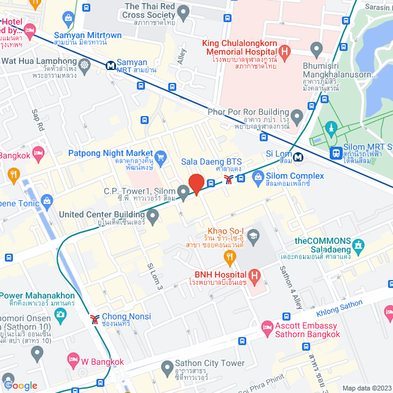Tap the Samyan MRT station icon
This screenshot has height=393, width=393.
pos(111,63)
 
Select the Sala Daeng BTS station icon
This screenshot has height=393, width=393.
pos(228,179)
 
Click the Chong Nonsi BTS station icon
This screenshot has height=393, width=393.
pos(95,319)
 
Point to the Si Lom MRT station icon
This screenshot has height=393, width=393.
pos(297,157)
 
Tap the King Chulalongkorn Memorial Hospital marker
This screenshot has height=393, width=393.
pos(284,52)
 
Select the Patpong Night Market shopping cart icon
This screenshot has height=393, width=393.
pos(161,157)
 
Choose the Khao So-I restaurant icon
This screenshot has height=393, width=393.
pos(230,256)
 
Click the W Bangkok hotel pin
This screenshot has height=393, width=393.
pos(73,358)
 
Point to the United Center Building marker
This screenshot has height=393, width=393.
pos(152,216)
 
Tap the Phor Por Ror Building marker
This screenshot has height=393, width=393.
pos(297,115)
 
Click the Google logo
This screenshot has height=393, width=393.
pos(20,385)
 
